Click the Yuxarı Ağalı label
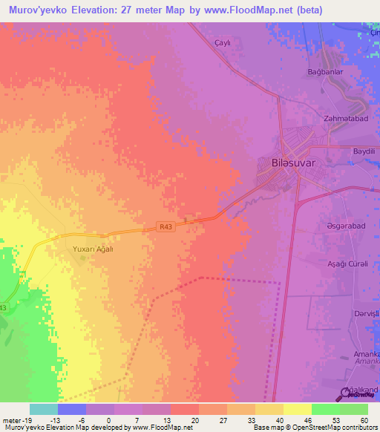(x=93, y=249)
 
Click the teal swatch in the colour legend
(x=44, y=409)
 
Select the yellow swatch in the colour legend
(x=297, y=409)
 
